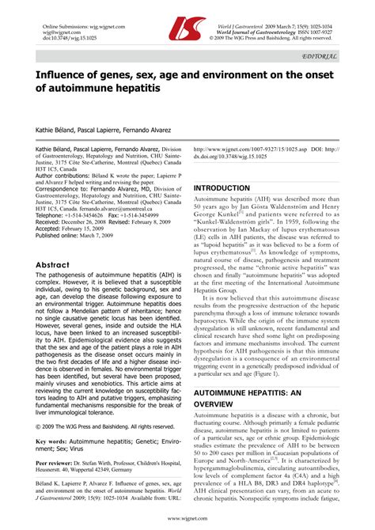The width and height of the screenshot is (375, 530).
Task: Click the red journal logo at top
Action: tap(186, 31)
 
